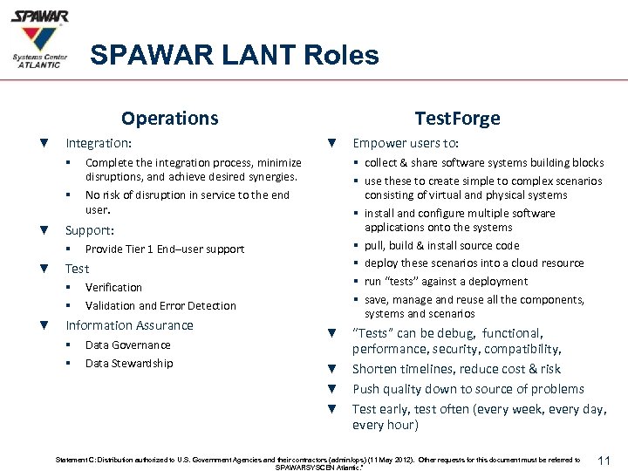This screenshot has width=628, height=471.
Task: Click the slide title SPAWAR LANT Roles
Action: tap(235, 56)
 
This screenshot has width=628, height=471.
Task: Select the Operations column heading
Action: tap(170, 118)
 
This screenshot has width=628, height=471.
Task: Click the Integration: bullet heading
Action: tap(99, 141)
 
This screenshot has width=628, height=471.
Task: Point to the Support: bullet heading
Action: tap(91, 230)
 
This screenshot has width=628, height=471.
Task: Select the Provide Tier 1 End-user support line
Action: tap(165, 249)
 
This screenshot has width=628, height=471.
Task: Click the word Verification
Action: tap(113, 287)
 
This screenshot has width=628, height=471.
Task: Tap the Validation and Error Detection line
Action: tap(160, 305)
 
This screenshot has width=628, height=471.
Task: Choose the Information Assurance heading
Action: tap(130, 325)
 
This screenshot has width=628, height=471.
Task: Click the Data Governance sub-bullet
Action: tap(128, 345)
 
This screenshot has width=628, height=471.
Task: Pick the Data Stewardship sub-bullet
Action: tap(129, 363)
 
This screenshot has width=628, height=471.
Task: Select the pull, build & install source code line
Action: tap(441, 246)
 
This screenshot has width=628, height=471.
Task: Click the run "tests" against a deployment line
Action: tap(446, 281)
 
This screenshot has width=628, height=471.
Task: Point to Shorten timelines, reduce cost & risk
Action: tap(456, 369)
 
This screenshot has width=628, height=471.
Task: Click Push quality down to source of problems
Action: tap(468, 388)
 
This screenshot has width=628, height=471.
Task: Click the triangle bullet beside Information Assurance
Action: tap(44, 325)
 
